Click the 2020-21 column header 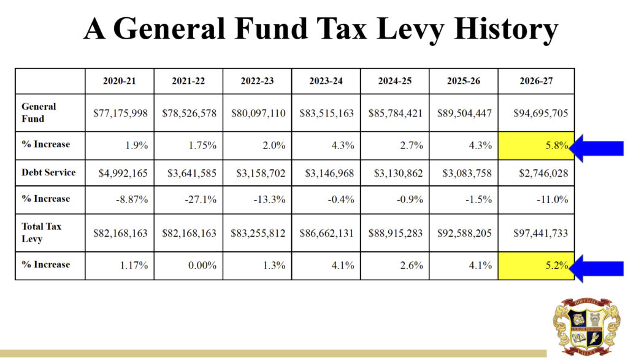tap(120, 81)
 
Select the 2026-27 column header tap(536, 81)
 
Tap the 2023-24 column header tap(326, 81)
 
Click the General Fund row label tap(39, 112)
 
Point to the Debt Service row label tap(48, 172)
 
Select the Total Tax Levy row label tap(42, 232)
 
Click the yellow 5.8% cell tap(536, 146)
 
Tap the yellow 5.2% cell tap(536, 266)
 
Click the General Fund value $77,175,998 tap(120, 113)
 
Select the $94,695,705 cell tap(536, 113)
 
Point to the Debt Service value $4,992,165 tap(123, 173)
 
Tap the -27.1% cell tap(196, 199)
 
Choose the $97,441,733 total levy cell tap(536, 233)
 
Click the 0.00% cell tap(199, 266)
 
